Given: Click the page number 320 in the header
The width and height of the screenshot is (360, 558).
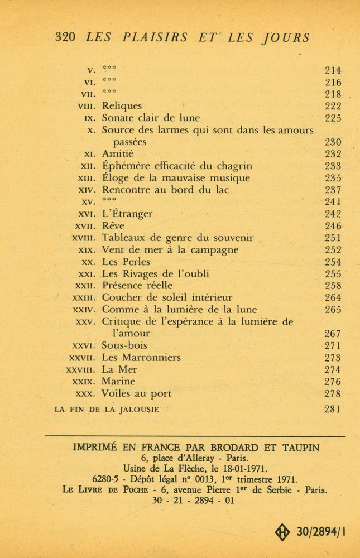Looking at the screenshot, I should (x=66, y=37).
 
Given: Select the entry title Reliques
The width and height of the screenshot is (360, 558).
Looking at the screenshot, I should (x=122, y=106).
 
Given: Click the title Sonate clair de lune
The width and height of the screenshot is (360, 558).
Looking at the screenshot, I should (x=151, y=118).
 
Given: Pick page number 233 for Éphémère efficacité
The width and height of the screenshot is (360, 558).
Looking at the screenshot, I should (x=333, y=166).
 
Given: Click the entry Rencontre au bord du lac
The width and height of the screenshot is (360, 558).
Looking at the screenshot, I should (x=166, y=190).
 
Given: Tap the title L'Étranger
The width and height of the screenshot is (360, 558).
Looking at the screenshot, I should (x=127, y=214).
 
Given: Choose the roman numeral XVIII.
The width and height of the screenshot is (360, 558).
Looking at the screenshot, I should (x=85, y=238).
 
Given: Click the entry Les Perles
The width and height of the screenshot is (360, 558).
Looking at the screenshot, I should (x=126, y=262).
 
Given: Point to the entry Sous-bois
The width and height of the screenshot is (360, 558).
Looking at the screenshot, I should (x=124, y=346).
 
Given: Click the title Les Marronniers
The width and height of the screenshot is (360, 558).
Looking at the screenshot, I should (x=141, y=358).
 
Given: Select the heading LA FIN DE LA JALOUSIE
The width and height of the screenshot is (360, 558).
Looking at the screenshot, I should (x=107, y=410).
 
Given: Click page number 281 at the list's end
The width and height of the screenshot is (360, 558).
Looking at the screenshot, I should (x=333, y=409).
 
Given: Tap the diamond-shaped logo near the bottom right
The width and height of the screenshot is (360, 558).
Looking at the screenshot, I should (x=283, y=531).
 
